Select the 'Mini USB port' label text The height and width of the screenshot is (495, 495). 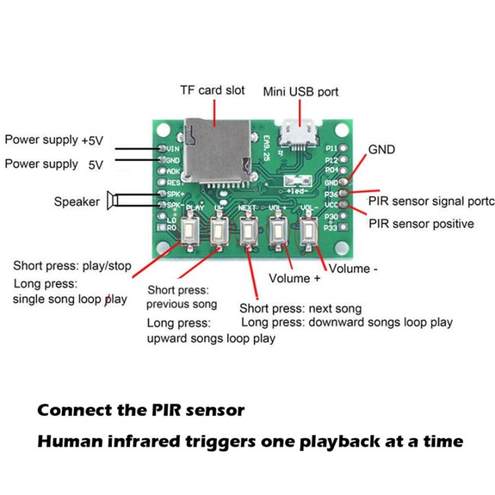click(300, 91)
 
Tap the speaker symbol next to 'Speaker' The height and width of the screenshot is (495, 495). click(113, 201)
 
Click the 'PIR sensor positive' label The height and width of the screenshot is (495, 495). click(421, 223)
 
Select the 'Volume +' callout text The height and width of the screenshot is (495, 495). click(294, 278)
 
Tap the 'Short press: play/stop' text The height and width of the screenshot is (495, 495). click(71, 266)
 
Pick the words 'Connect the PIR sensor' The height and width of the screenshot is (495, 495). click(140, 410)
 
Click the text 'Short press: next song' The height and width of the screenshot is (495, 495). click(300, 308)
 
